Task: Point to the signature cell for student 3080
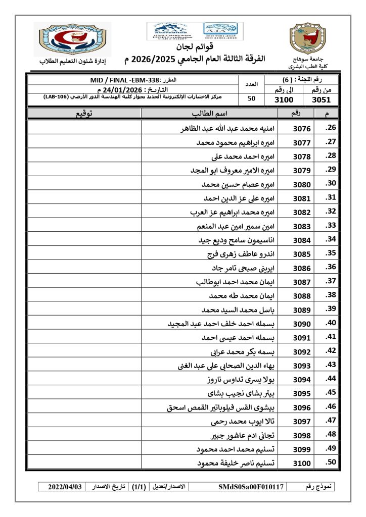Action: (x=84, y=184)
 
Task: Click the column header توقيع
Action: (x=84, y=114)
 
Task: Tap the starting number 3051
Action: (x=322, y=99)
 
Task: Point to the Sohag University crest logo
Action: (x=305, y=39)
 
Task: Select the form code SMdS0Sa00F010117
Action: (x=251, y=487)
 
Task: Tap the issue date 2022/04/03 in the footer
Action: (x=65, y=487)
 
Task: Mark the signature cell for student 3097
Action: (x=84, y=421)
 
